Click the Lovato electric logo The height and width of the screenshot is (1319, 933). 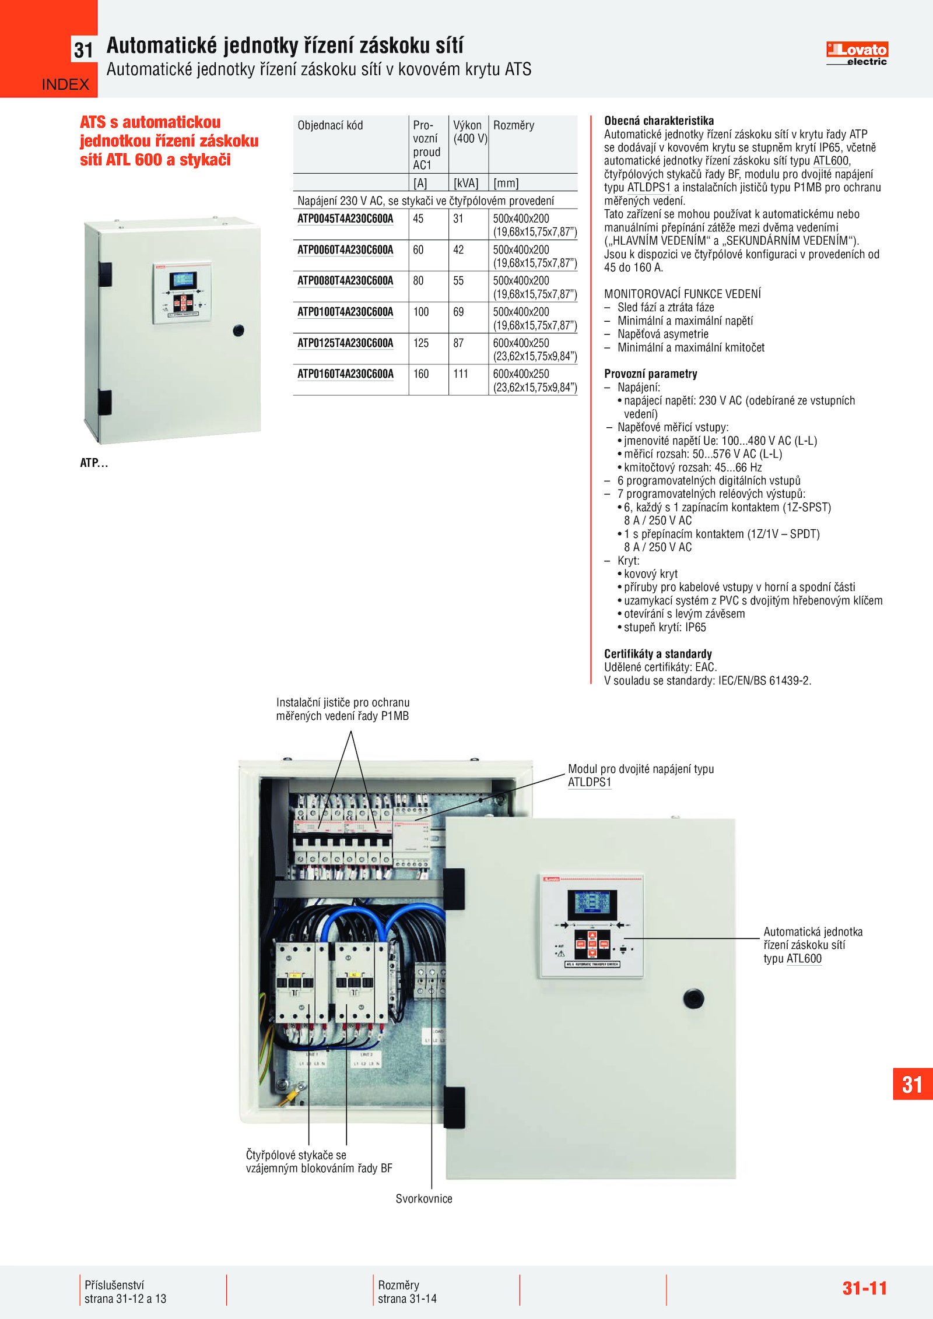pos(857,54)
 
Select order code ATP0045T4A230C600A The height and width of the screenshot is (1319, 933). pos(345,219)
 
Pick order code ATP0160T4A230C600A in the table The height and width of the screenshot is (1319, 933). pos(345,374)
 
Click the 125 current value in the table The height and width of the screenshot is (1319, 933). pos(420,343)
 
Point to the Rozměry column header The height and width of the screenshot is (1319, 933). pos(513,125)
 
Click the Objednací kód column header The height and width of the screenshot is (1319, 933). pos(330,125)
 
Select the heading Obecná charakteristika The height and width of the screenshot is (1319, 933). pos(659,121)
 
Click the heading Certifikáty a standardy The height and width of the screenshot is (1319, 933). pos(658,654)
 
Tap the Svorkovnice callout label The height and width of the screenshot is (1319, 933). pos(424,1199)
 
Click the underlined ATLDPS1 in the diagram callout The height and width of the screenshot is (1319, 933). pos(590,782)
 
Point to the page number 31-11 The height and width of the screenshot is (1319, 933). pos(864,1288)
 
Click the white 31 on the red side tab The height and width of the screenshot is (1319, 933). pos(912,1085)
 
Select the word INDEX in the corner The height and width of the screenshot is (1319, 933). pos(65,85)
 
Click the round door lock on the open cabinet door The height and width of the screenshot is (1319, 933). pos(693,998)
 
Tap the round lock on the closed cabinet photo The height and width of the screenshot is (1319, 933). pos(238,330)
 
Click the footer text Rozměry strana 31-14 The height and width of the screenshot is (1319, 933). pos(407,1292)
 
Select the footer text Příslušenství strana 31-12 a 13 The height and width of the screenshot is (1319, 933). pos(125,1292)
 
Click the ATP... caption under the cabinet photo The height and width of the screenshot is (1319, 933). pos(94,463)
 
